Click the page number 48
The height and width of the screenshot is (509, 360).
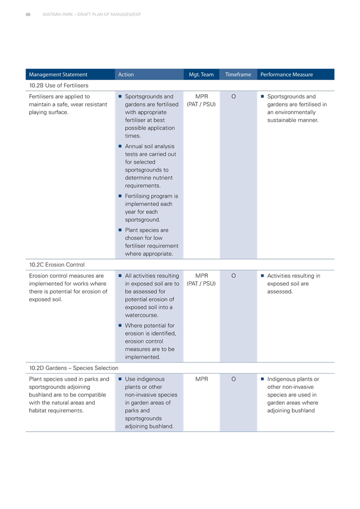click(x=28, y=15)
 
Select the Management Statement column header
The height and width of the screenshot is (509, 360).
click(x=58, y=75)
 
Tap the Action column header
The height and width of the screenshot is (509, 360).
click(x=126, y=75)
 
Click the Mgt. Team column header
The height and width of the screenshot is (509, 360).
click(x=201, y=75)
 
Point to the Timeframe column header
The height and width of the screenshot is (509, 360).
click(x=238, y=75)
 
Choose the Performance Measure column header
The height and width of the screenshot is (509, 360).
click(x=286, y=75)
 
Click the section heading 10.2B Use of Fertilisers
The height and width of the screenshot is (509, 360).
click(x=59, y=85)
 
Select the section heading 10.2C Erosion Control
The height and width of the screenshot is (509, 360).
click(x=57, y=265)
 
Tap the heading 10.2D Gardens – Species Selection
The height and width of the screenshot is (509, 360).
click(x=74, y=368)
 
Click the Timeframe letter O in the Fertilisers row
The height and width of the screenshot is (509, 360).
click(x=234, y=97)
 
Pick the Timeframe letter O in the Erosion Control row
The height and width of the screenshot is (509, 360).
click(x=234, y=276)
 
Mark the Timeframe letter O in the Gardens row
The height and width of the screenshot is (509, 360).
click(x=234, y=379)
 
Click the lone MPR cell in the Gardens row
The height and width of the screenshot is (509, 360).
click(x=202, y=379)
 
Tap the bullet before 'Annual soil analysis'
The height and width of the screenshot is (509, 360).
click(x=120, y=146)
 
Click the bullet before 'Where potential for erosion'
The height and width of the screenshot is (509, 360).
click(x=120, y=325)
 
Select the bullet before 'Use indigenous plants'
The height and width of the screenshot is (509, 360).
click(x=120, y=379)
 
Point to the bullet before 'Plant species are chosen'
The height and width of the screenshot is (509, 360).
click(x=120, y=230)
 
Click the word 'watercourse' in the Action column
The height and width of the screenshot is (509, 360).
click(x=141, y=315)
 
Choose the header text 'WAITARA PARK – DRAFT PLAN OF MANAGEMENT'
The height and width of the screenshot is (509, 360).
click(x=91, y=15)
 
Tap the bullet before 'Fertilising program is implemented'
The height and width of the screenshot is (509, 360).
click(x=120, y=196)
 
